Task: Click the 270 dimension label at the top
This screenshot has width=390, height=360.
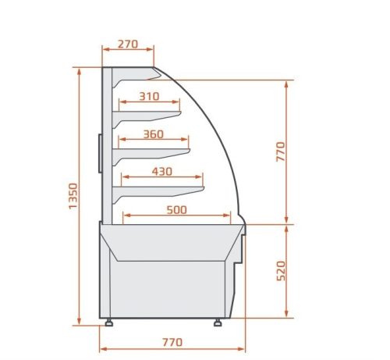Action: pos(128,45)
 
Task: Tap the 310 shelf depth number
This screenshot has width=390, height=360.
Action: pos(149,97)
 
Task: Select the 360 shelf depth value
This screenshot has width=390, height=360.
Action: pos(154,134)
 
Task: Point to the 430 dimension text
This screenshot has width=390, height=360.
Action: pos(162,172)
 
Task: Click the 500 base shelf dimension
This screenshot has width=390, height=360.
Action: pos(176,210)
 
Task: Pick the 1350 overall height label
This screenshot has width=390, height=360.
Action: pos(73,196)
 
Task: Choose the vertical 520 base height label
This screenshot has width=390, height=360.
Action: pos(281,271)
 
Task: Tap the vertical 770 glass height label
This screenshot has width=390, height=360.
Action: pos(281,151)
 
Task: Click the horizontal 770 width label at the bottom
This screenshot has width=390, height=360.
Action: pos(172,342)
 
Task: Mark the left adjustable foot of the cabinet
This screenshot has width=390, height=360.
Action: pos(108,323)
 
